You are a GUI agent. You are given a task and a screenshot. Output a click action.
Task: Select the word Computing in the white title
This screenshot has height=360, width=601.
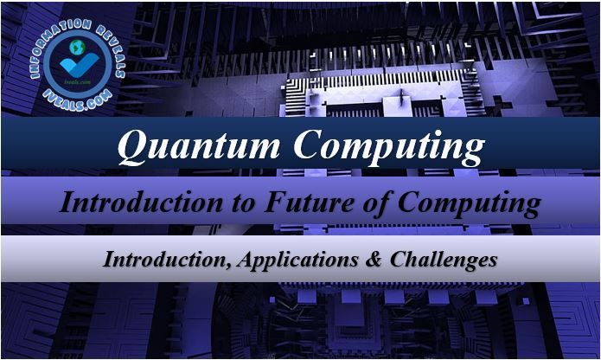pos(389,148)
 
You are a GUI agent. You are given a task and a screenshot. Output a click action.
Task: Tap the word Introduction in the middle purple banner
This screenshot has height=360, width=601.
pos(141,202)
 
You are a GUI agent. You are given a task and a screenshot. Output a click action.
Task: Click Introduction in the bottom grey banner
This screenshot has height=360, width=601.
pos(166,259)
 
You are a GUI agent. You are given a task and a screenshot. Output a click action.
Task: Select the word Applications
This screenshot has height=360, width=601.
pos(297,260)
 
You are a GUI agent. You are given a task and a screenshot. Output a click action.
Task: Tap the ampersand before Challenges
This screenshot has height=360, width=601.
pos(374,259)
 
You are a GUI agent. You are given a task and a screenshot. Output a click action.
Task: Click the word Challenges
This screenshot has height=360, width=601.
pos(444,260)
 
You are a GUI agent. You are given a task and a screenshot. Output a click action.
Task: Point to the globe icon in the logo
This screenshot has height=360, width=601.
pos(78,47)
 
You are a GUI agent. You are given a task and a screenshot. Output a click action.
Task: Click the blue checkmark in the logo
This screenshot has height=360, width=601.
pos(80,65)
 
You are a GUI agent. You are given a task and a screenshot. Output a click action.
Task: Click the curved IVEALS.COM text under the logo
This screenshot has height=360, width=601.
pos(78,100)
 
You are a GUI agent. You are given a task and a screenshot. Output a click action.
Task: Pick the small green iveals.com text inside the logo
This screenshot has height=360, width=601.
pos(78,82)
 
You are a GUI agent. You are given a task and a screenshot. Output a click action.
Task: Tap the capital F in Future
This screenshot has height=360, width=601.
pos(274,202)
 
